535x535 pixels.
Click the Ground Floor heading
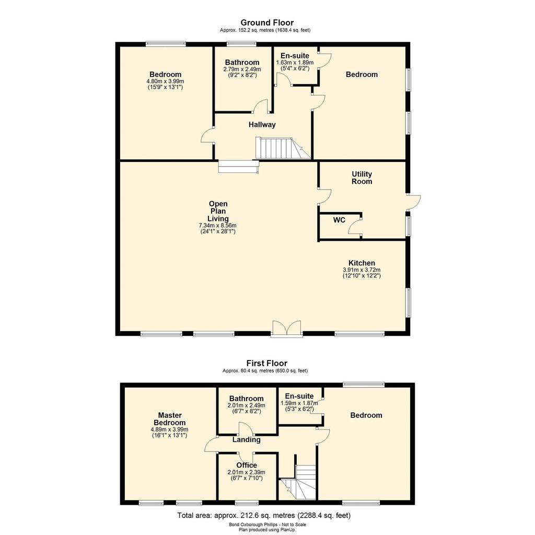click(267, 22)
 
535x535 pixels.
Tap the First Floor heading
click(267, 363)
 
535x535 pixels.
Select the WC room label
click(339, 220)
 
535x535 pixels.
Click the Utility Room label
click(362, 178)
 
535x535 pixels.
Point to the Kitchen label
click(362, 263)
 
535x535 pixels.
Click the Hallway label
click(262, 124)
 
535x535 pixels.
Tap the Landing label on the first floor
click(247, 439)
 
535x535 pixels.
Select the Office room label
click(247, 465)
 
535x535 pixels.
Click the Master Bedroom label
click(170, 418)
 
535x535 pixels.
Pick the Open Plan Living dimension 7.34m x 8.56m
click(218, 226)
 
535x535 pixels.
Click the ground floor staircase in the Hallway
click(283, 148)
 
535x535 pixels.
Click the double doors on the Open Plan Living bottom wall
click(287, 329)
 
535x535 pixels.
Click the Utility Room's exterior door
click(413, 202)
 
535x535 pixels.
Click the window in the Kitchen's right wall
click(409, 303)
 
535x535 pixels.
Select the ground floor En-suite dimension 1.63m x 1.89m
click(295, 63)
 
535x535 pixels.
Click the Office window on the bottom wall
click(247, 503)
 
